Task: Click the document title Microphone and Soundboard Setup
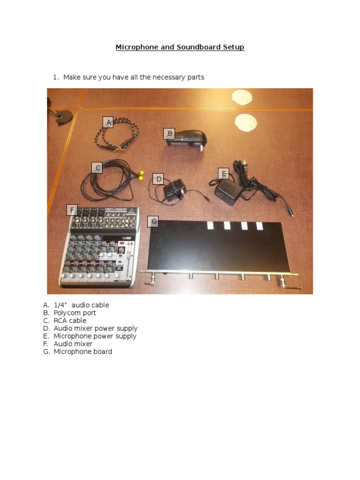click(180, 47)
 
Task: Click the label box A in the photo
click(108, 122)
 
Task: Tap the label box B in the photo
click(169, 134)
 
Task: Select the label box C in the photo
click(97, 168)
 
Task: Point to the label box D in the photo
click(158, 179)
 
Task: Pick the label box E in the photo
click(224, 174)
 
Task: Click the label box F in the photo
click(72, 210)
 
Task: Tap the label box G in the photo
click(153, 221)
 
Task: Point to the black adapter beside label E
click(228, 190)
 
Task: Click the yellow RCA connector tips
click(139, 176)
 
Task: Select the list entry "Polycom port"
click(75, 313)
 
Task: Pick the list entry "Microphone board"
click(82, 352)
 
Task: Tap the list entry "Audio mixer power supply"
click(95, 329)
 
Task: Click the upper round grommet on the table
click(242, 97)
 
